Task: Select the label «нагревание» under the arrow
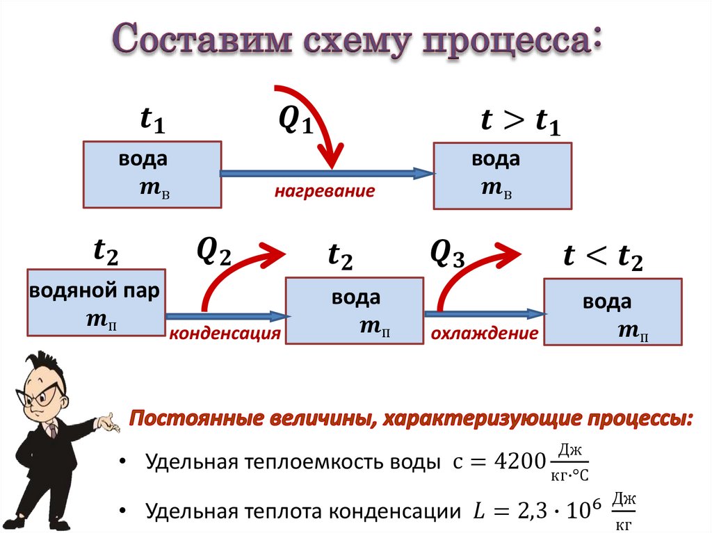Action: point(324,191)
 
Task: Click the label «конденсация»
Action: point(224,334)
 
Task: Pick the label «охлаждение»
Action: point(485,334)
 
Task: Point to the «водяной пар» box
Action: point(96,302)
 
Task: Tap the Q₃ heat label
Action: point(446,254)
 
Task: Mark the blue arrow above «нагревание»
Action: point(327,173)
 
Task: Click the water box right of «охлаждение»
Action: point(612,311)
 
